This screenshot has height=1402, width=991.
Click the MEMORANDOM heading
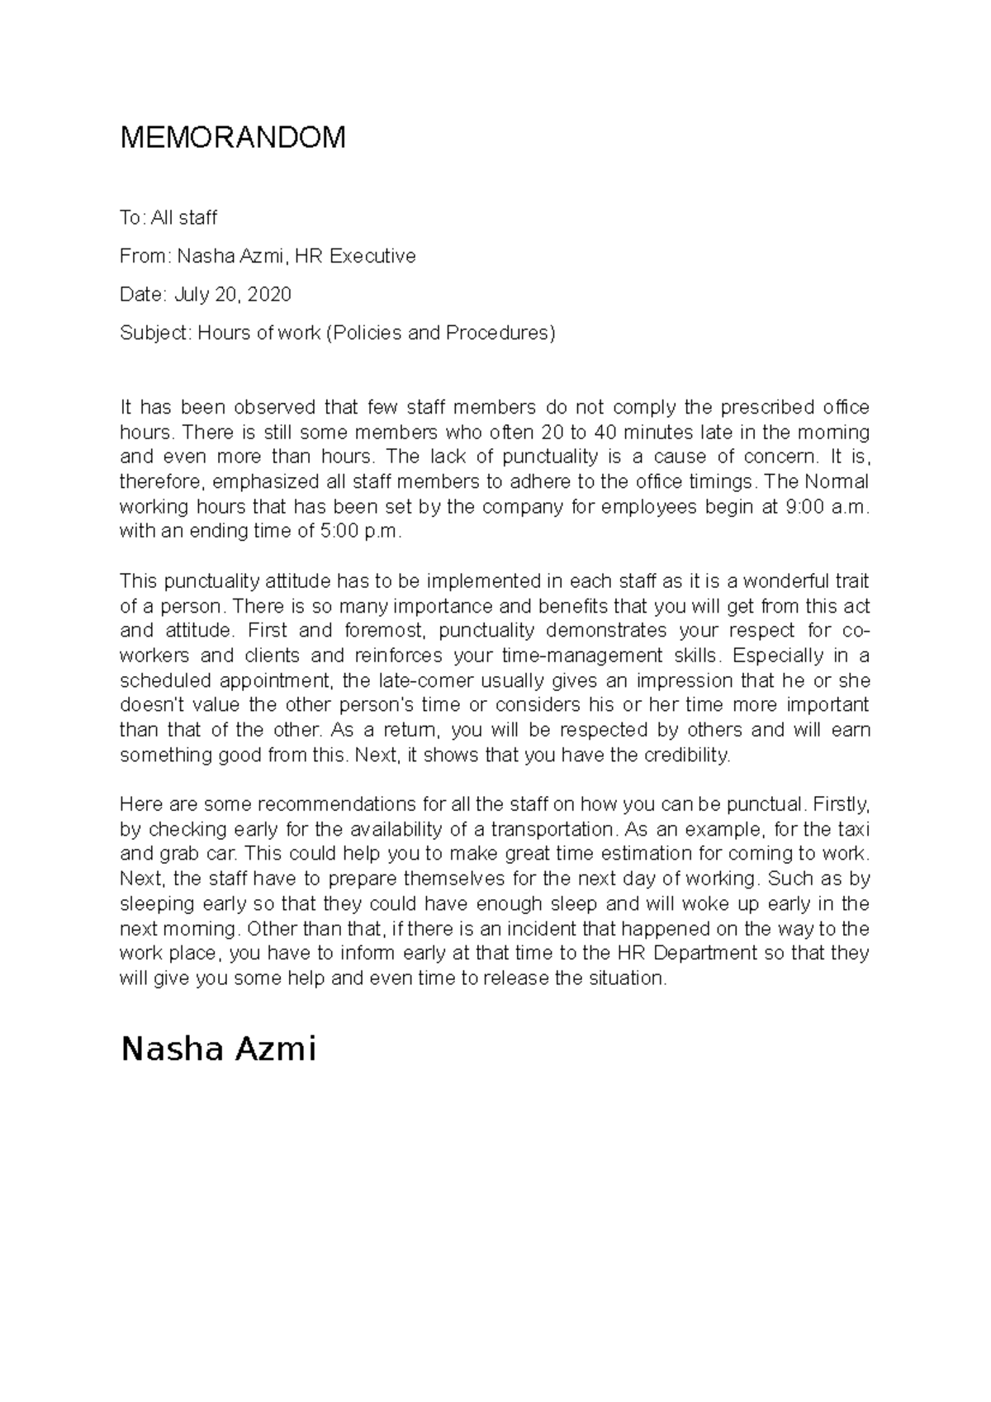(233, 138)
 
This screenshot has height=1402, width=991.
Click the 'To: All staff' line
(168, 218)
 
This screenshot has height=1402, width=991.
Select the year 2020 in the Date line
(269, 295)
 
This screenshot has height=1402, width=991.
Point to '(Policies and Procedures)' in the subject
(441, 333)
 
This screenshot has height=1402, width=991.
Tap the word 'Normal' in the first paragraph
(837, 482)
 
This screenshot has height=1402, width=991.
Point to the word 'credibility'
(687, 755)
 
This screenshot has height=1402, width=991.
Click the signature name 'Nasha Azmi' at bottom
(219, 1050)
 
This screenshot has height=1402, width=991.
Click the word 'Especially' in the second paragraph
(775, 656)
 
